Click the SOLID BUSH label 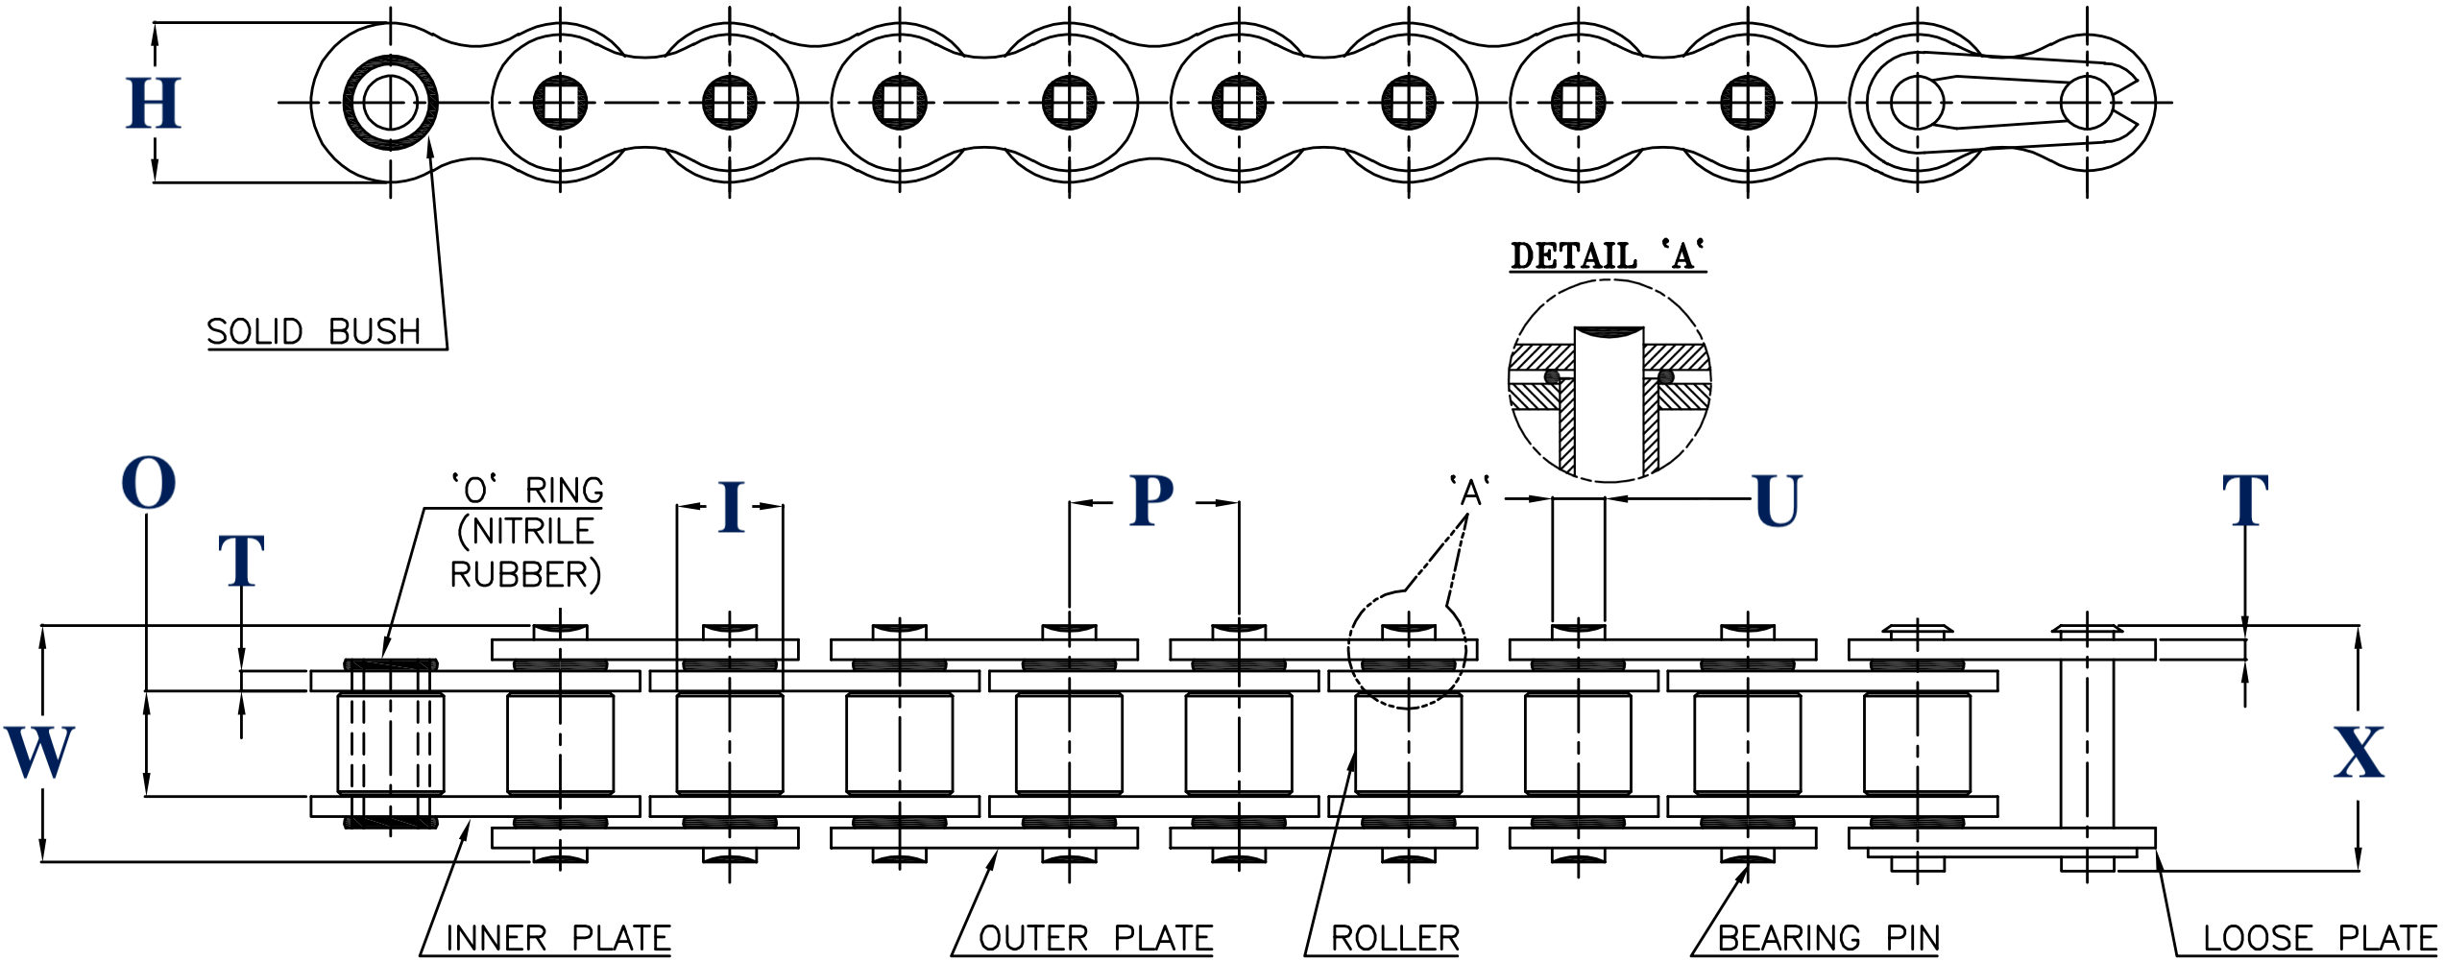(x=314, y=332)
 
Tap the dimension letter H (x=154, y=103)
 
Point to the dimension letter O (x=149, y=483)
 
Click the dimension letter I (x=731, y=506)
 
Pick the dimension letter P (x=1151, y=500)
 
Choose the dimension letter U (x=1778, y=501)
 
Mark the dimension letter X (x=2359, y=752)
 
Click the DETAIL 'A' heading (x=1608, y=256)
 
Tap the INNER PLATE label (x=558, y=938)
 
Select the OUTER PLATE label (x=1096, y=938)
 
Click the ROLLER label (x=1395, y=938)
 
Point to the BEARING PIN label (x=1828, y=938)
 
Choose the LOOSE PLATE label (x=2320, y=938)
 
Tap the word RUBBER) (x=526, y=575)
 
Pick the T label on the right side (x=2245, y=500)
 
